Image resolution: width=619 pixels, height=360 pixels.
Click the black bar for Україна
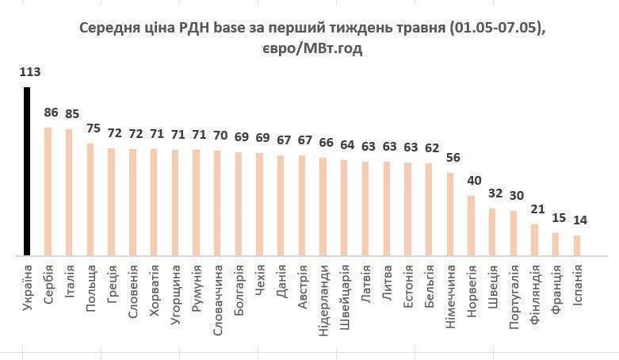point(27,171)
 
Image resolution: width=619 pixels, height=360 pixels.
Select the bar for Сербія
point(48,191)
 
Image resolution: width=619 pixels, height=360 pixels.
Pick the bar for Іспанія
point(577,246)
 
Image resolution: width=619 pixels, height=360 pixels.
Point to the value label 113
point(29,72)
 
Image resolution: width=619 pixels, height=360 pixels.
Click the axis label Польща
point(91,286)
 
